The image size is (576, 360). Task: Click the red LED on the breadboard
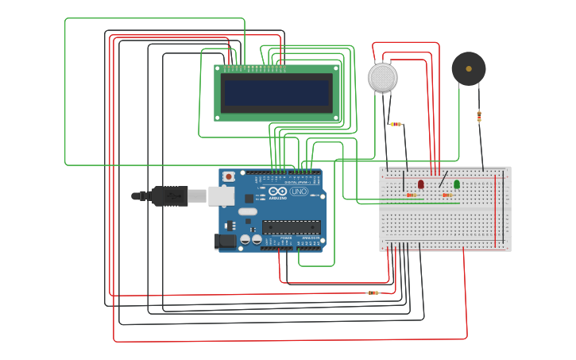pyautogui.click(x=420, y=184)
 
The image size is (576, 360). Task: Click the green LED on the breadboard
pyautogui.click(x=456, y=184)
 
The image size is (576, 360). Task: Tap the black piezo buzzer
pyautogui.click(x=469, y=69)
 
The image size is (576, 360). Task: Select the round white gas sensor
pyautogui.click(x=382, y=77)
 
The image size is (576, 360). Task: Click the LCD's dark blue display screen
pyautogui.click(x=276, y=93)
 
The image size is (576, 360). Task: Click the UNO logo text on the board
pyautogui.click(x=299, y=192)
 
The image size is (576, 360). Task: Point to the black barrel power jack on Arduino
pyautogui.click(x=225, y=241)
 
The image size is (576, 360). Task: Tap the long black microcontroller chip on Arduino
pyautogui.click(x=291, y=227)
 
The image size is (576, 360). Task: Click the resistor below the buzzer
pyautogui.click(x=479, y=116)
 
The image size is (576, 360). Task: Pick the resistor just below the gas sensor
pyautogui.click(x=396, y=124)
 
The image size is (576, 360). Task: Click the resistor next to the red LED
pyautogui.click(x=411, y=195)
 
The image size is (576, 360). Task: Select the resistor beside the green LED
pyautogui.click(x=446, y=195)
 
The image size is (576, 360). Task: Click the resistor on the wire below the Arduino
pyautogui.click(x=373, y=292)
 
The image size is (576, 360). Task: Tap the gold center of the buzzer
pyautogui.click(x=469, y=69)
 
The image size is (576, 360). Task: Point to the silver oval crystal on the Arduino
pyautogui.click(x=247, y=211)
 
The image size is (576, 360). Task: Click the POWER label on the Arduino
pyautogui.click(x=285, y=238)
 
